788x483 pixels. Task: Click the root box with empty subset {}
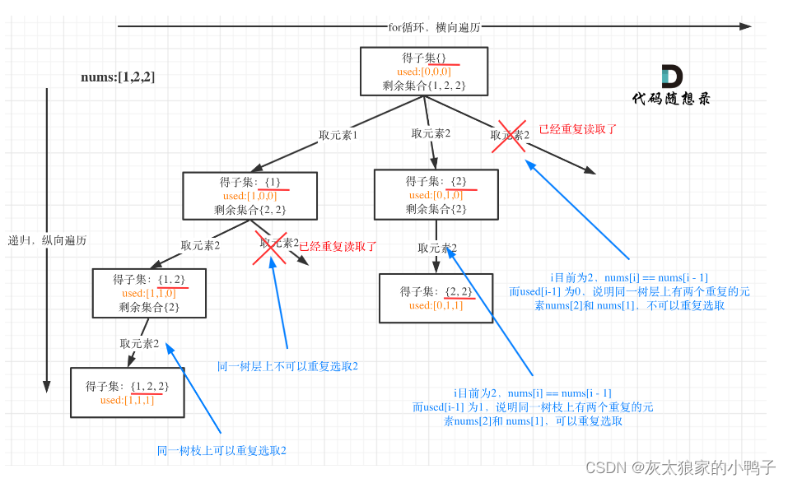click(424, 71)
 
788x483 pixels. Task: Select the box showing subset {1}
click(249, 196)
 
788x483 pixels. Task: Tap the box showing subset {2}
click(436, 195)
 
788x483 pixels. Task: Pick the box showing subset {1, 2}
click(149, 293)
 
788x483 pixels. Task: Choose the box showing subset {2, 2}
click(436, 298)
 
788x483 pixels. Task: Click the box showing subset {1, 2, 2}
click(127, 392)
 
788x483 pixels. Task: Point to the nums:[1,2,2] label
click(118, 77)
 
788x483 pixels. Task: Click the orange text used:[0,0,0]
click(423, 72)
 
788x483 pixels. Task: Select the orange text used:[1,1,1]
click(127, 400)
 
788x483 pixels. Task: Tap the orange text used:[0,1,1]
click(436, 305)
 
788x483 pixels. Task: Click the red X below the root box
click(510, 136)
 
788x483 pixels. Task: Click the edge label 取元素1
click(338, 135)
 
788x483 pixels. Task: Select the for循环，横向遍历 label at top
click(434, 26)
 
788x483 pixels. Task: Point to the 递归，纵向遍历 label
click(47, 240)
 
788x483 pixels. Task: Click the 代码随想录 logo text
click(671, 99)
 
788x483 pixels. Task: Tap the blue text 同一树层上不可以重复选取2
click(287, 366)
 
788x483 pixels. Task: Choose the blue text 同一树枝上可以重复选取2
click(221, 450)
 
